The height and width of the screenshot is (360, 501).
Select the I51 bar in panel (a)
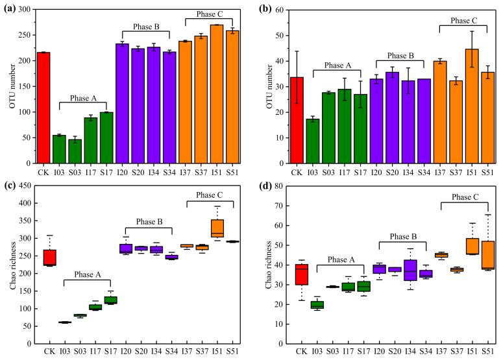pos(217,94)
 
